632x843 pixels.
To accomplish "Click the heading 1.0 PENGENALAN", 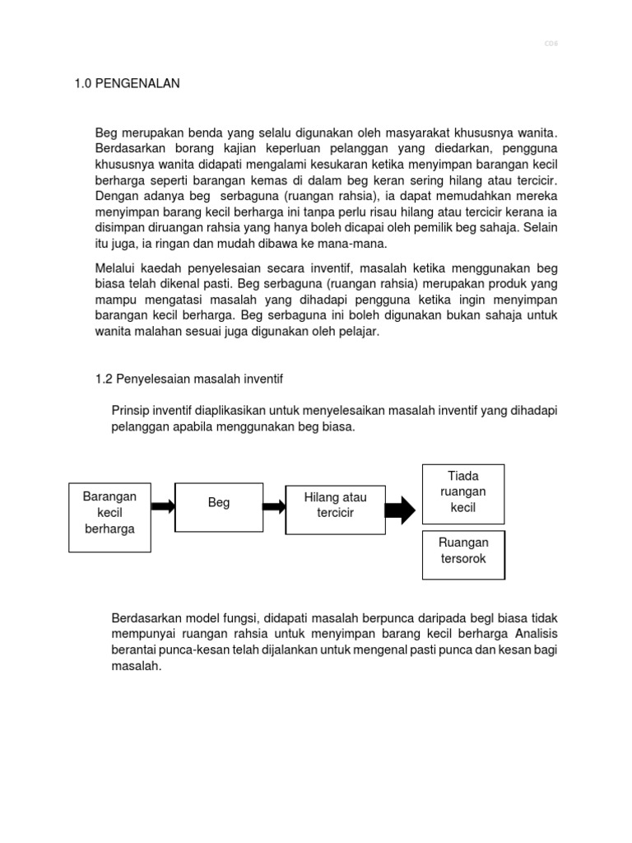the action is (128, 83).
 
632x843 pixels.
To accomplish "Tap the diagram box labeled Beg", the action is (219, 503).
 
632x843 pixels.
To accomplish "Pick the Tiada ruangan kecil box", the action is (463, 491).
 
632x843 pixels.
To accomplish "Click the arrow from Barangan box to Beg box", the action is (163, 505).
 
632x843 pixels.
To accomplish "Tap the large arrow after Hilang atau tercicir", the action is (401, 510).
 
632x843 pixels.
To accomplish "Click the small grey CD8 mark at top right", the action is (551, 44).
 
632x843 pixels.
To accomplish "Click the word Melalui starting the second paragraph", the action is (118, 268).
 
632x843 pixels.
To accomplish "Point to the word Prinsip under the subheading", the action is (131, 410).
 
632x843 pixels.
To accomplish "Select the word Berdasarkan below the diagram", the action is (146, 617).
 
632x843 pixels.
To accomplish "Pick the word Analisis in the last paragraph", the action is (542, 634).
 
